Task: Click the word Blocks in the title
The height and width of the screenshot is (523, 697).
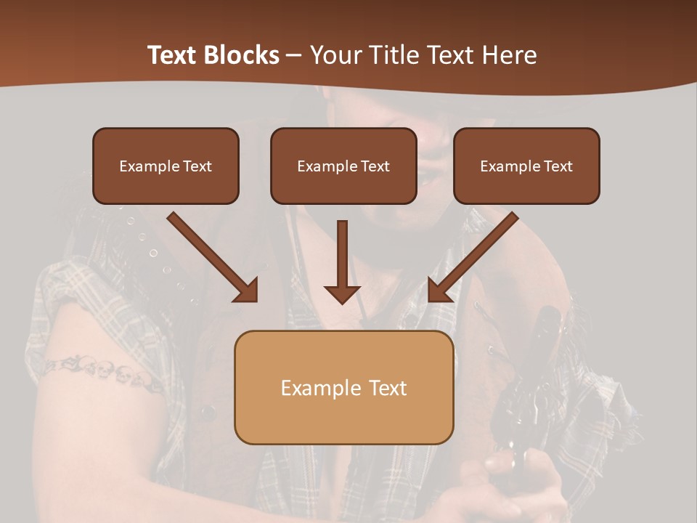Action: (x=242, y=55)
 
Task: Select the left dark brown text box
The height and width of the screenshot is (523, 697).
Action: (x=166, y=166)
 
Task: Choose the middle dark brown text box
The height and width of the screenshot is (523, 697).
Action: (x=343, y=166)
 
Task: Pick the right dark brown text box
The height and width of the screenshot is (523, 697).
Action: (x=526, y=166)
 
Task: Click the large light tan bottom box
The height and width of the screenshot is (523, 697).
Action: (x=343, y=387)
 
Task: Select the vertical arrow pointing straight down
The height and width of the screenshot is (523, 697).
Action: (x=343, y=261)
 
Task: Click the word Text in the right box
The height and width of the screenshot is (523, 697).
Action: (x=558, y=166)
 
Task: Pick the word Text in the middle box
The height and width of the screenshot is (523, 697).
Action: (x=375, y=166)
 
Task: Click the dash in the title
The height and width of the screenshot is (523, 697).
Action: (x=294, y=55)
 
